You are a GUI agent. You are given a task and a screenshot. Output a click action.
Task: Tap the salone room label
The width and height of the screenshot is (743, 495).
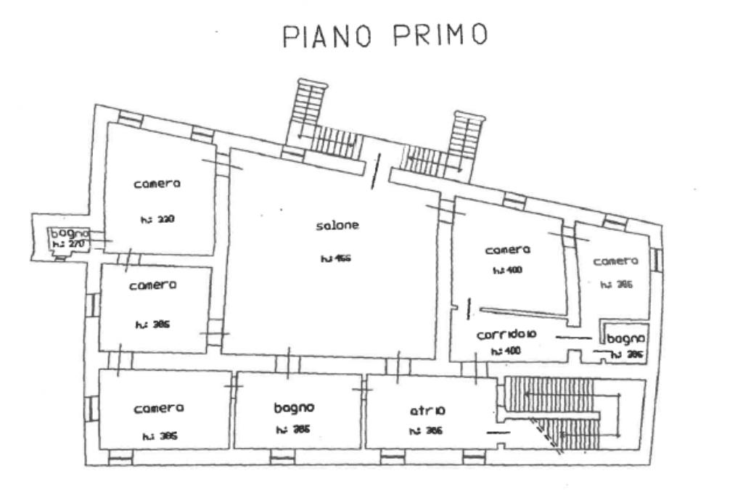[337, 226]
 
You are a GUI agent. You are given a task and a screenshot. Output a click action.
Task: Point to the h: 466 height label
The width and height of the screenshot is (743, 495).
[335, 258]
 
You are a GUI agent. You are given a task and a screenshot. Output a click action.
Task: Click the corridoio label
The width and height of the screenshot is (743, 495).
[506, 336]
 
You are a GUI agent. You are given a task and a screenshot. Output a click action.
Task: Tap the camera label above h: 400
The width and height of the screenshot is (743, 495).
[508, 250]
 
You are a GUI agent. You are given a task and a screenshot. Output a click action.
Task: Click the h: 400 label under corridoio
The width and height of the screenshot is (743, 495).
[506, 351]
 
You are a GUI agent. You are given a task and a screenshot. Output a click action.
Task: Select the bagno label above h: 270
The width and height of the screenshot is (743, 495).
[70, 234]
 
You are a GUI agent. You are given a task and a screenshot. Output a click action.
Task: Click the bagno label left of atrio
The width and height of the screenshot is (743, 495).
[294, 408]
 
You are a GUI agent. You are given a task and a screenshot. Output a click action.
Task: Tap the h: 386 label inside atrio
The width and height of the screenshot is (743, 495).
[425, 430]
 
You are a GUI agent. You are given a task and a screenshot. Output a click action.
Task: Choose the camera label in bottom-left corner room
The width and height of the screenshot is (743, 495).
[158, 409]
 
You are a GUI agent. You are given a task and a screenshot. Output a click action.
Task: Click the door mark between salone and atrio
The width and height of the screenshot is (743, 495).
[398, 363]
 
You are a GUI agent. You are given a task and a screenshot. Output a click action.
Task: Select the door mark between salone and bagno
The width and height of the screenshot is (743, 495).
[289, 362]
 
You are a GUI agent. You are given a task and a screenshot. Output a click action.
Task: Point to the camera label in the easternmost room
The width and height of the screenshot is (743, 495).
[615, 261]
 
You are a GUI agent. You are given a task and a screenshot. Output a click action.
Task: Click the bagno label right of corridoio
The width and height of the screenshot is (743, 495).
[626, 338]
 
